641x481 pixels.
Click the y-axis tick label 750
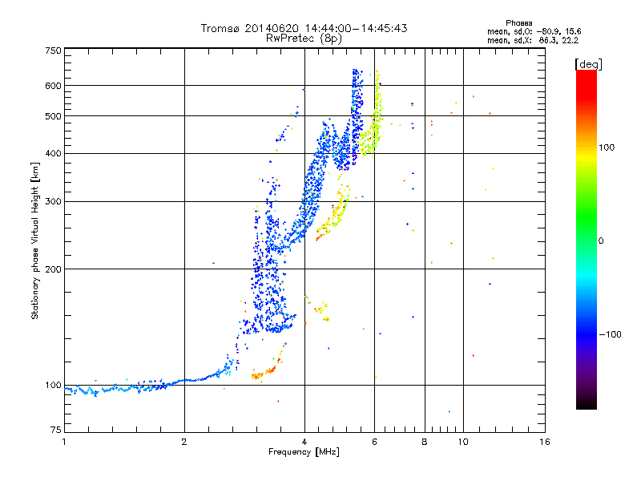point(54,51)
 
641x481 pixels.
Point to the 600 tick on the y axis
point(54,85)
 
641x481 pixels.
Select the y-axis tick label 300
point(54,201)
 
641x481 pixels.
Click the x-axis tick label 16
point(544,442)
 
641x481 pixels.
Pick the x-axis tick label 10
point(462,442)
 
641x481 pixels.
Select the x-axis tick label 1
point(64,442)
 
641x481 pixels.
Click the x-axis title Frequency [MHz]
point(304,452)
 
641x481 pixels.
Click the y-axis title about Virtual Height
point(35,240)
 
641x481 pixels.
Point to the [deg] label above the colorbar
point(588,63)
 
